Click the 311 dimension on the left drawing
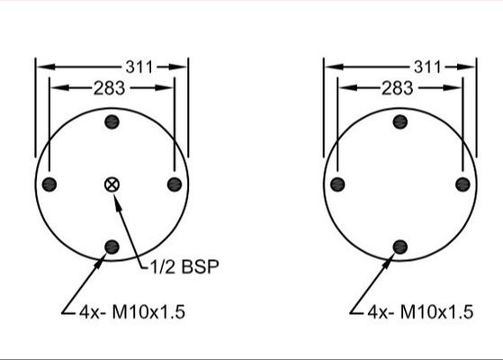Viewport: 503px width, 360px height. point(139,66)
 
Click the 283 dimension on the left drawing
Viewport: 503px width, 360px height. point(108,87)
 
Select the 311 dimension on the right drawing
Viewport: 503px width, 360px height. point(427,66)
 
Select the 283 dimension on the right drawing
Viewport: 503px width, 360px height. point(397,87)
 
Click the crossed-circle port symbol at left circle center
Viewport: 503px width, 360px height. point(112,184)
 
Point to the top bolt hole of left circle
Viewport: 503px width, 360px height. point(112,122)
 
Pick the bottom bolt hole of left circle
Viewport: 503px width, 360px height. point(112,247)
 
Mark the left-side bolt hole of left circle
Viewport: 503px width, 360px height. point(49,184)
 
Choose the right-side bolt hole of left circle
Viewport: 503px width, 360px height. point(174,184)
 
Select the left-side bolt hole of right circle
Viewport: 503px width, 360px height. point(337,184)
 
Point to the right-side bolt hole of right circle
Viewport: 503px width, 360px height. point(463,184)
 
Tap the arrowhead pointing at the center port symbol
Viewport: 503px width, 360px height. point(117,197)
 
